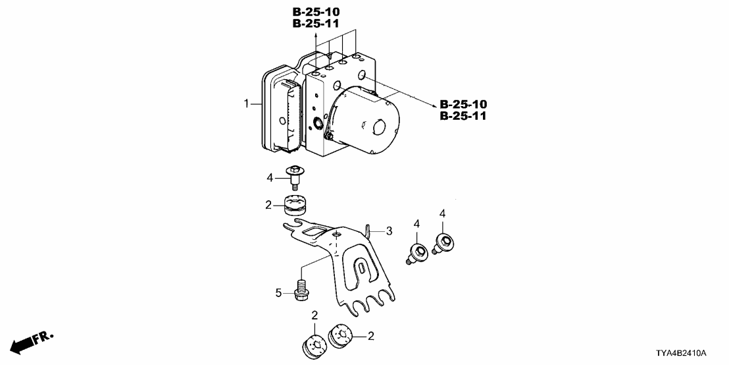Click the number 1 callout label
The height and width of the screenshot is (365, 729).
247,103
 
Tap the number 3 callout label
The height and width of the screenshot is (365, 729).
389,231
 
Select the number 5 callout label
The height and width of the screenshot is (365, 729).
278,291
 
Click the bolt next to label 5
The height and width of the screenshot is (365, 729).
302,290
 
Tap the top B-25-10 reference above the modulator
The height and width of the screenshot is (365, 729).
316,12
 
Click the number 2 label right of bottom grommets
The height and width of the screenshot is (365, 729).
371,336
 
